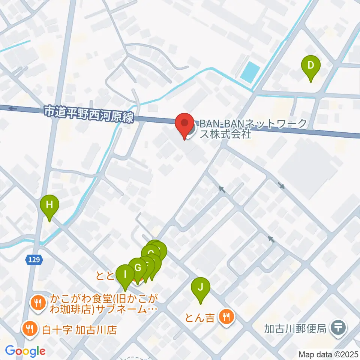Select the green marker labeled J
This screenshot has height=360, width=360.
coord(201,288)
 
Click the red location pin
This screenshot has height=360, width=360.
coord(184,124)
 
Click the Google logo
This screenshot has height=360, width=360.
coord(25,351)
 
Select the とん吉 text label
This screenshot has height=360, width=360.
coord(200,318)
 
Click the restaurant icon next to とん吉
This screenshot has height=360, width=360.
coord(226,318)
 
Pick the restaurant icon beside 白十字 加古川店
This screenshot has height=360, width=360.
coord(29,329)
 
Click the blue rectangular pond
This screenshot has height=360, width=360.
coord(250,72)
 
